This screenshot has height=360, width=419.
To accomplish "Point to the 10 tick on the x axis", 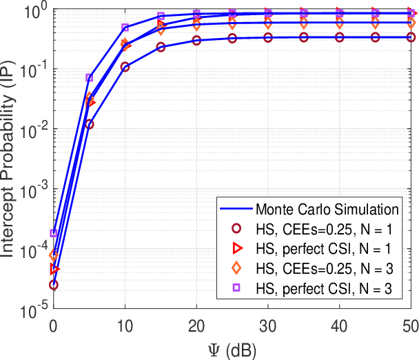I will pos(125,324).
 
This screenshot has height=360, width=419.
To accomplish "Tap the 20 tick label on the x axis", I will pos(197,324).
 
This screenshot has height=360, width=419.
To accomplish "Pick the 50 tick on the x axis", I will pos(409,324).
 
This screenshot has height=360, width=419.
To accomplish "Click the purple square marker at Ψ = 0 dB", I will pos(54,233).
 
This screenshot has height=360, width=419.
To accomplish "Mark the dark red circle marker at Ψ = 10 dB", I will pos(125,67).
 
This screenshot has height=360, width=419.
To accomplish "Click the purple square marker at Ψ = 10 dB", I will pos(125,28).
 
